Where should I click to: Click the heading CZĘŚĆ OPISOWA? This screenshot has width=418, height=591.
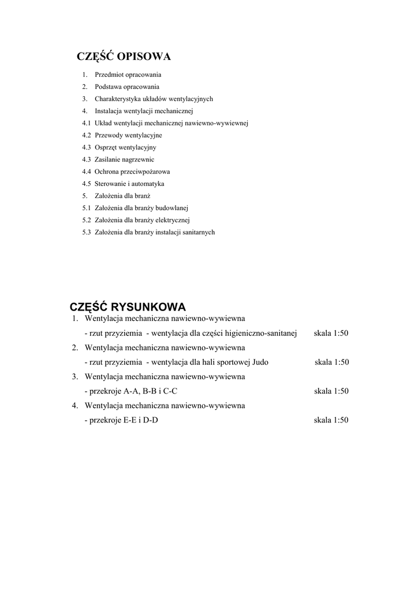[x=124, y=57]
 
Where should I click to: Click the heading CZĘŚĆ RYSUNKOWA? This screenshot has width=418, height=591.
[x=128, y=306]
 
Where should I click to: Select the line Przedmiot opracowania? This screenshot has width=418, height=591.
[x=128, y=74]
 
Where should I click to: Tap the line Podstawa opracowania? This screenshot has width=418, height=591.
[x=127, y=87]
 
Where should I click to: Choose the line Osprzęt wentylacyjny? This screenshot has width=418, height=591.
[x=125, y=147]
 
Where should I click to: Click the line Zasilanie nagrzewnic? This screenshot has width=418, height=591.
[x=124, y=159]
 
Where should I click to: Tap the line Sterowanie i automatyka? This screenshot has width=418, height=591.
[x=129, y=184]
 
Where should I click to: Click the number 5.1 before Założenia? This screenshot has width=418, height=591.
[x=87, y=208]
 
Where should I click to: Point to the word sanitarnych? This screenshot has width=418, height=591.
[x=199, y=232]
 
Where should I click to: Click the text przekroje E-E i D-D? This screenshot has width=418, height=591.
[x=123, y=420]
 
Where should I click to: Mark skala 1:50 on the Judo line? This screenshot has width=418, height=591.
[x=331, y=362]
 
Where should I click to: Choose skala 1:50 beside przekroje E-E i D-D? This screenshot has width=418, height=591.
[x=331, y=420]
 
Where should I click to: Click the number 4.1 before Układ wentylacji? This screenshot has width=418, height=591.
[x=87, y=123]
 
